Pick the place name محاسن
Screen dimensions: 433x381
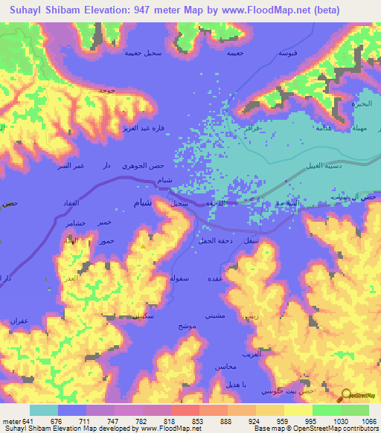225,368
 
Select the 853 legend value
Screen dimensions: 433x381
197,422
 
